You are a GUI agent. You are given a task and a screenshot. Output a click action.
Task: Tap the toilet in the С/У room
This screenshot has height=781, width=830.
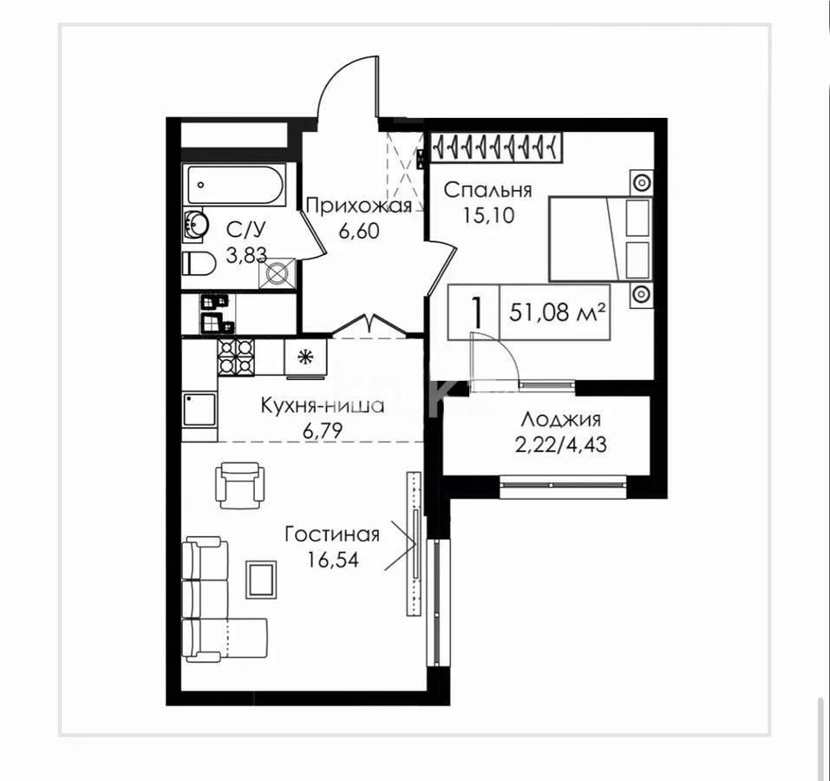point(199,263)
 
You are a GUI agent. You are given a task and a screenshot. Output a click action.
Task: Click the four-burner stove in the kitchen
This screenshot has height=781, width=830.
point(236,357)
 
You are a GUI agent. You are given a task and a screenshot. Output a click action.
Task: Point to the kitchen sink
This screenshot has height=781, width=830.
point(199,410)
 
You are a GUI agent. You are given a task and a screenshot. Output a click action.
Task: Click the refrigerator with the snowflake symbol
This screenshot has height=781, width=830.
point(305,358)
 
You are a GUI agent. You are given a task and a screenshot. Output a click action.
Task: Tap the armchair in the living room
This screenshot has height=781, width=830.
point(239,484)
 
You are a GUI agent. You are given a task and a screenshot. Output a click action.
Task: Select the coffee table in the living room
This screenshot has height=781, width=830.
point(261,580)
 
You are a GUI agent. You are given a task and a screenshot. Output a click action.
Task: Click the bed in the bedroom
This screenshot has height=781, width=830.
point(600,239)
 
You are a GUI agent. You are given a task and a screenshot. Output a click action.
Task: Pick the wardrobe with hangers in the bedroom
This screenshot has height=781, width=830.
point(495,146)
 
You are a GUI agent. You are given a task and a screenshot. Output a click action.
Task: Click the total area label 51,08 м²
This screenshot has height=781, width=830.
point(557,313)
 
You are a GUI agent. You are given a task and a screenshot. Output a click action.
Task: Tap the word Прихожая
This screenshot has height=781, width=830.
point(358,206)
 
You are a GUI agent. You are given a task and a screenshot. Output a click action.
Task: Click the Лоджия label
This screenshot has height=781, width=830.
point(560,420)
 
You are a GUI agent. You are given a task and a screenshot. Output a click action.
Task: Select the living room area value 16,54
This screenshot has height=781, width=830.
point(333,559)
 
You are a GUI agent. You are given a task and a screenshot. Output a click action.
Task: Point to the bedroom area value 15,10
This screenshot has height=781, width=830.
point(488,215)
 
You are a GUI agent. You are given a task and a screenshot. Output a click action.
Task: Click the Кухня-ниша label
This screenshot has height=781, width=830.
point(323,406)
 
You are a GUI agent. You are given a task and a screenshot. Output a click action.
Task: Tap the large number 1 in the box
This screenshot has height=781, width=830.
point(476,312)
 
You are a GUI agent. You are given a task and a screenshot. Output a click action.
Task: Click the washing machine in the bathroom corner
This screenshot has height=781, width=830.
point(277,273)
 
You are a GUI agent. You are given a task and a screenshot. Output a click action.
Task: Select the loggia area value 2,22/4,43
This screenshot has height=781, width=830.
point(560,445)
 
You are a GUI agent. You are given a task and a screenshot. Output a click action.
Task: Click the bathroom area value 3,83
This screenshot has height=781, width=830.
point(246,255)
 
